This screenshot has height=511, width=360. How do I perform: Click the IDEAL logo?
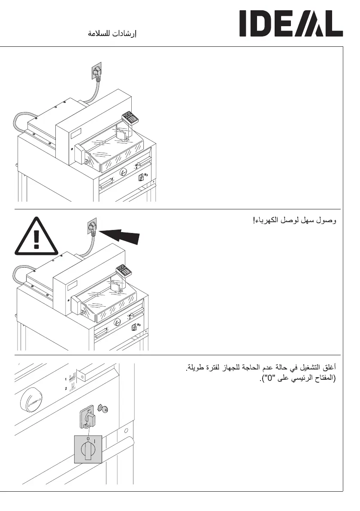click(x=291, y=24)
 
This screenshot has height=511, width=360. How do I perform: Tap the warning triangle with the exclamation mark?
click(x=36, y=236)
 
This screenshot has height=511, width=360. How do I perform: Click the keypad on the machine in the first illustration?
click(x=129, y=117)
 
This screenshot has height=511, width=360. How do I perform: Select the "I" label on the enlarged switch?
click(x=95, y=440)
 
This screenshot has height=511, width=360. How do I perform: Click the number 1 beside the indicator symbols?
click(x=66, y=379)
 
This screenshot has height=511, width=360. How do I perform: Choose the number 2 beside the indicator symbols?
click(x=66, y=388)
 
